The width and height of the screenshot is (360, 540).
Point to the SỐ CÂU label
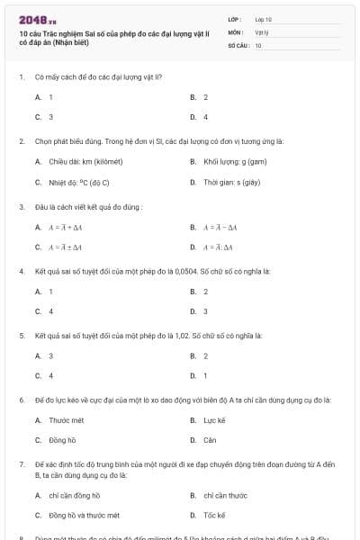(238, 44)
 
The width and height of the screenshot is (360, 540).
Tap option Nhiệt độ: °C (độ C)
(85, 182)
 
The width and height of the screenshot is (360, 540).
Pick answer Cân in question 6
(210, 440)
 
